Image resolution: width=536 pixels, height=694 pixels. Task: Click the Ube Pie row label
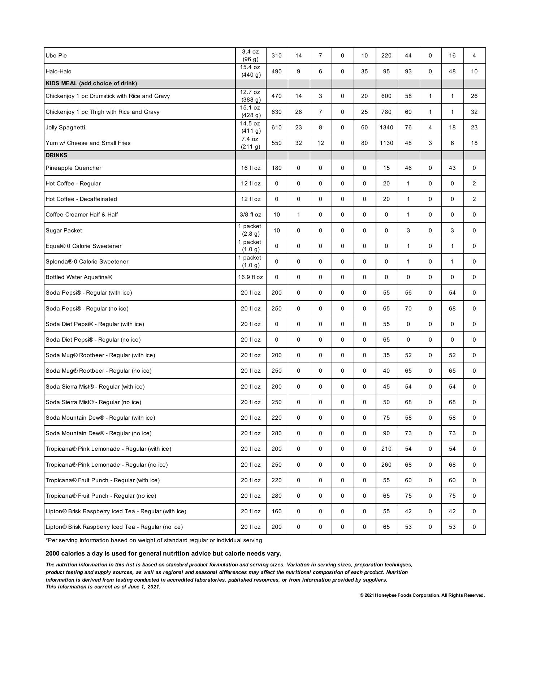pos(56,56)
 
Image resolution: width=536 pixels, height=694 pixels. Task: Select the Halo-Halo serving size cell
pos(250,71)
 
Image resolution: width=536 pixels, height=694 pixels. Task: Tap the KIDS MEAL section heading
pos(91,83)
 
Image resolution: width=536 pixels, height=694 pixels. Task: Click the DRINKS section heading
pos(56,155)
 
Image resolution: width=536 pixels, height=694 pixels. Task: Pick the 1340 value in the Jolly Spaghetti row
pos(386,128)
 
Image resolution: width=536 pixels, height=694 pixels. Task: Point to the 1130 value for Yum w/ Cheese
pos(386,143)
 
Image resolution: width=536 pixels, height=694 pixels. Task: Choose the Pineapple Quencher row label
pos(73,168)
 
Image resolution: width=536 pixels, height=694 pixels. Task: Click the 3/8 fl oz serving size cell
pos(250,215)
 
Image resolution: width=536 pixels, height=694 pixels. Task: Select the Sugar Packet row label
pos(64,231)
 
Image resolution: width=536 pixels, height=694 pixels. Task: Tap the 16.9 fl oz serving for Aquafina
pos(250,277)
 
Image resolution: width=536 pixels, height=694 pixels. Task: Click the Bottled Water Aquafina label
pos(79,277)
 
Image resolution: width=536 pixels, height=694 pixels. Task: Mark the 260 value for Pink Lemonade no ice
pos(386,465)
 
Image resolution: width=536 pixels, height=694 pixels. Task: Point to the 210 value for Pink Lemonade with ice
pos(386,449)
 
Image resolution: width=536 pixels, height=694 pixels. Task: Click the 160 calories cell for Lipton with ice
pos(276,511)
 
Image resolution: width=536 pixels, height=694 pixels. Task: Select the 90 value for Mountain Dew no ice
pos(386,433)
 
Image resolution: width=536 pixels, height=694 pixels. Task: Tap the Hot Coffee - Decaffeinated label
pos(81,199)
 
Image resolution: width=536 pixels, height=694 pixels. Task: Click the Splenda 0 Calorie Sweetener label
pos(87,262)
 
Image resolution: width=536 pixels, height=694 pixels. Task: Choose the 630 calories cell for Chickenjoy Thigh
pos(276,112)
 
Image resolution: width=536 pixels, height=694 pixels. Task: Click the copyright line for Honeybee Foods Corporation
pos(422,595)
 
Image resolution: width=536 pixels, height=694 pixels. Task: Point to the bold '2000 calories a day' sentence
pos(163,554)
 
